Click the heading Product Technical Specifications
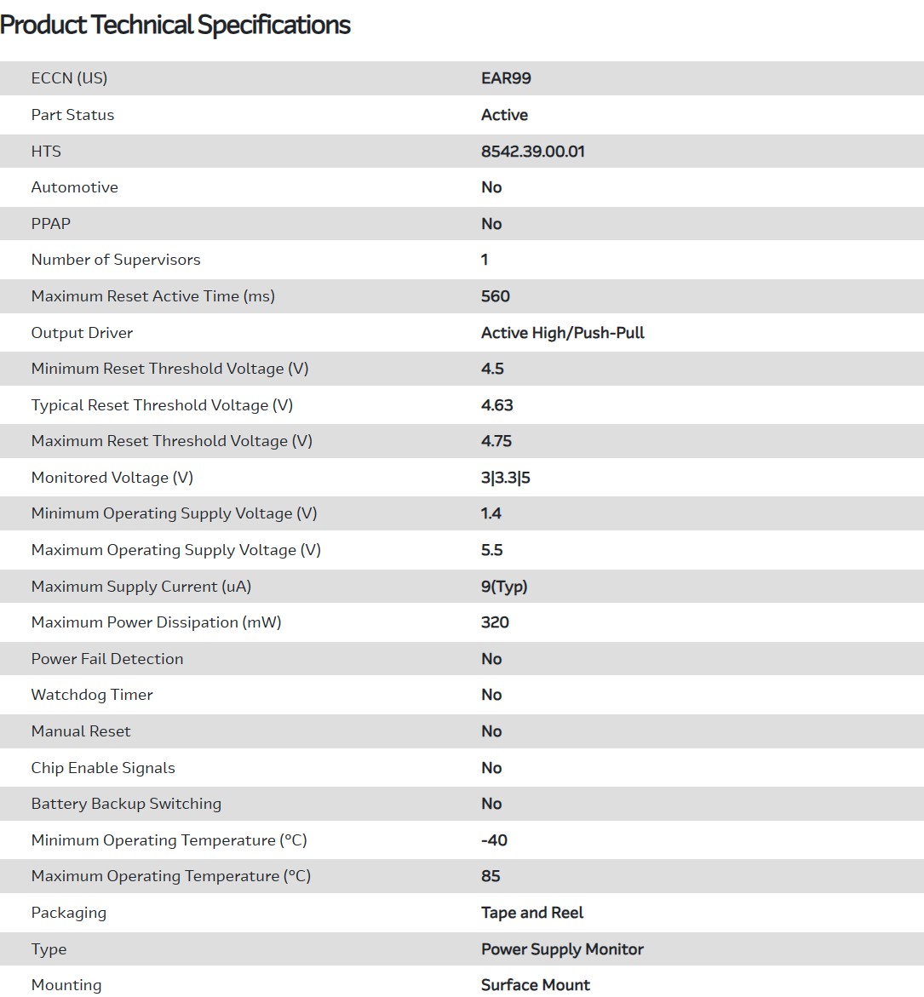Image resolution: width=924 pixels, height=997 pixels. tap(175, 25)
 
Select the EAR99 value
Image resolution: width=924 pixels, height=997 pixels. tap(506, 78)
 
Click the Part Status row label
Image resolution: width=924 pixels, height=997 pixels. tap(72, 115)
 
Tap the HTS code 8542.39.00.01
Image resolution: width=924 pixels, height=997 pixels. tap(532, 152)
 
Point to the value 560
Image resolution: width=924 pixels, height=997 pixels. tap(495, 296)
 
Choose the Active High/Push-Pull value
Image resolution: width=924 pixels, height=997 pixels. tap(562, 333)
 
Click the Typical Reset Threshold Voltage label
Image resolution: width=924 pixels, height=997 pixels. tap(162, 405)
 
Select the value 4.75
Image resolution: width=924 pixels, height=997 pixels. tap(496, 441)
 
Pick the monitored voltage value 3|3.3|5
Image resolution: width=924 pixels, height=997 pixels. tap(505, 478)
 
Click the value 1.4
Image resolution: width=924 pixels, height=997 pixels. tap(491, 513)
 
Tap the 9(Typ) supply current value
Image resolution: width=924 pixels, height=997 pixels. tap(504, 587)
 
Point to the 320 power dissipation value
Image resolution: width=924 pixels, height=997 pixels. tap(495, 622)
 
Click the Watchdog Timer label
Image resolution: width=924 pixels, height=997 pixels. tap(92, 695)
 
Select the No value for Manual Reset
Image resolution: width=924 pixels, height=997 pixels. tap(491, 731)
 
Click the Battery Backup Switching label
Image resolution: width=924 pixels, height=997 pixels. tap(126, 804)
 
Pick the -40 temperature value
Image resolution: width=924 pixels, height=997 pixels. tap(494, 840)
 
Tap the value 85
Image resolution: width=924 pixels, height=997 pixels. tap(491, 876)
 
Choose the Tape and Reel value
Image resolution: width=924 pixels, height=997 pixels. tap(532, 913)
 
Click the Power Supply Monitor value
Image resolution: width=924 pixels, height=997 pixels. tap(562, 949)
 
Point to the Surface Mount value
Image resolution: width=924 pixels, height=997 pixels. tap(535, 985)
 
